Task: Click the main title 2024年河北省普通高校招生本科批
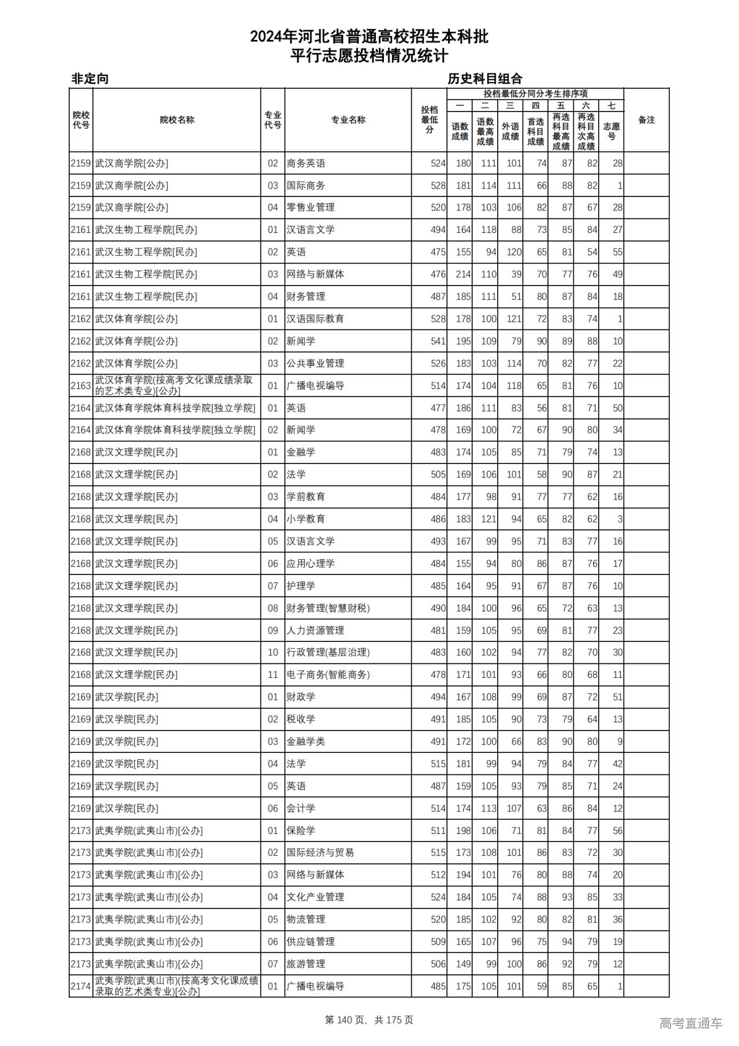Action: click(369, 36)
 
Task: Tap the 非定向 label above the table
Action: click(90, 79)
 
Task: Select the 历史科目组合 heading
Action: click(484, 79)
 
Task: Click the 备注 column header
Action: click(646, 120)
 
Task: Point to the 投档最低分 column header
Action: click(429, 120)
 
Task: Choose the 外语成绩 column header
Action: click(510, 131)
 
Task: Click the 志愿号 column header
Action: click(611, 131)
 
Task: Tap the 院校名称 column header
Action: click(177, 120)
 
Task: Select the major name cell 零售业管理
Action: click(311, 207)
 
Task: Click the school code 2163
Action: click(81, 386)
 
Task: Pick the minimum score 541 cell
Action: click(438, 342)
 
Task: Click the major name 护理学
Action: click(301, 586)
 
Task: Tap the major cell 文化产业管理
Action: click(315, 897)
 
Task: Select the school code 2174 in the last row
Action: click(81, 986)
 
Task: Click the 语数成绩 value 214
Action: click(463, 275)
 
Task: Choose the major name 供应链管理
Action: click(311, 942)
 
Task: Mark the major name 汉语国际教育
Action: click(315, 319)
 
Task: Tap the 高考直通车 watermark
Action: click(691, 1023)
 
